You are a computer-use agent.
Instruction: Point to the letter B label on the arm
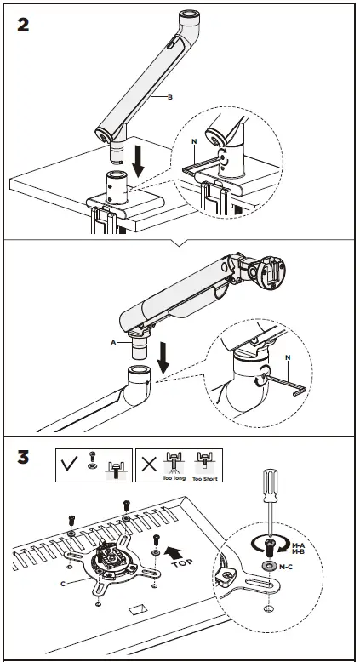(x=170, y=99)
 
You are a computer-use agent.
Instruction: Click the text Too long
(x=174, y=478)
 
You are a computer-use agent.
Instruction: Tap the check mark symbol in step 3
(x=71, y=465)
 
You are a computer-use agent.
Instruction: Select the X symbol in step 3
(x=149, y=465)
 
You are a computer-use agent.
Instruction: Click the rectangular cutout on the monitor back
(x=137, y=611)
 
